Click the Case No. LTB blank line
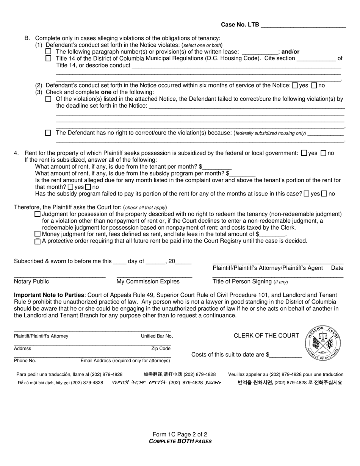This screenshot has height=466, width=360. [x=303, y=25]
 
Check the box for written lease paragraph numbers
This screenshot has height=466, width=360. [x=48, y=52]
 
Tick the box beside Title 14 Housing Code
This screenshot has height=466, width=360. [x=48, y=58]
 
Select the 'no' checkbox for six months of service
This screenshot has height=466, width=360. [x=314, y=86]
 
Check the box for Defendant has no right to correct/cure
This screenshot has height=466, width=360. [x=48, y=133]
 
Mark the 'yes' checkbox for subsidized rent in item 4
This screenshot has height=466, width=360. [x=304, y=153]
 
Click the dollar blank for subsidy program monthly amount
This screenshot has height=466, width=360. [x=242, y=174]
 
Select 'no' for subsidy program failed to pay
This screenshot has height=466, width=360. [x=324, y=194]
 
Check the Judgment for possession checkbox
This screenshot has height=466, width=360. [x=37, y=214]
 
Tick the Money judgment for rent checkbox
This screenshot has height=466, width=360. [x=37, y=235]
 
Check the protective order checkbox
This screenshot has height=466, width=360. [x=37, y=241]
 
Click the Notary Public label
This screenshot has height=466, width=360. [x=31, y=281]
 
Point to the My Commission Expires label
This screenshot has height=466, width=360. [x=148, y=281]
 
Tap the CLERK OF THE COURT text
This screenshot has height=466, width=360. [x=266, y=336]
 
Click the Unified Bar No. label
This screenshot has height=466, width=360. [x=157, y=336]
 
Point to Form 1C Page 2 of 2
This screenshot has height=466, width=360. [x=180, y=435]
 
